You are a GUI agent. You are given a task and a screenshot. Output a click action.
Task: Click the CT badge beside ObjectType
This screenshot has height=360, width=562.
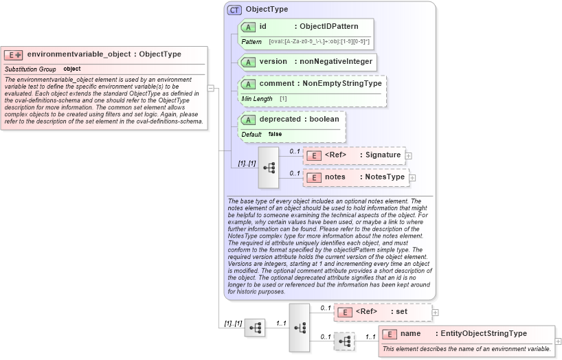[234, 10]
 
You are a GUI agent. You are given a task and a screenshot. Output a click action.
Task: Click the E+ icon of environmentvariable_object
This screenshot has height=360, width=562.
[14, 54]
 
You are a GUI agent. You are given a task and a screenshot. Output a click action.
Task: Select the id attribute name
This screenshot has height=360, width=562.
[263, 27]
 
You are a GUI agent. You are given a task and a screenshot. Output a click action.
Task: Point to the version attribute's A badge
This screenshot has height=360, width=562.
[249, 62]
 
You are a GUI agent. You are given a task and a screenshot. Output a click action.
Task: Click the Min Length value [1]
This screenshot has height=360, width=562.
[283, 99]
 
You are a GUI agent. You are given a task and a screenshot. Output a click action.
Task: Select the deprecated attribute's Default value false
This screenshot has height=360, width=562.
[275, 134]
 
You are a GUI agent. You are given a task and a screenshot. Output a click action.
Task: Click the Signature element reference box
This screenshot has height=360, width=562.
[355, 155]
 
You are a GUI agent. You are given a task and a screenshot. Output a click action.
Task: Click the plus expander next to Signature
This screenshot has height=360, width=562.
[409, 156]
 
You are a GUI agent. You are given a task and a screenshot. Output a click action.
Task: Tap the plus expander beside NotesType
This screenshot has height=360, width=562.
[413, 178]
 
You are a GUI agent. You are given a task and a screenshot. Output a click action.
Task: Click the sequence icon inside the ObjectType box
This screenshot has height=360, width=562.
[269, 167]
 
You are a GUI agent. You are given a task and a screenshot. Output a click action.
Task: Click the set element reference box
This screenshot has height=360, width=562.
[382, 312]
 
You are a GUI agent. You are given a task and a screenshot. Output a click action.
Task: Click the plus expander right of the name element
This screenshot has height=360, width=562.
[558, 341]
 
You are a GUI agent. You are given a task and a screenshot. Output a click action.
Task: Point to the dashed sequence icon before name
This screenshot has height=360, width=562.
[344, 341]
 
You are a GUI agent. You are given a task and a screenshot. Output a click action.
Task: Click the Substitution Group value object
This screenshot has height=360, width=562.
[72, 69]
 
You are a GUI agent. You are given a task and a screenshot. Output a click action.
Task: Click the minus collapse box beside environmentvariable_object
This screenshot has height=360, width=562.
[212, 88]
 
